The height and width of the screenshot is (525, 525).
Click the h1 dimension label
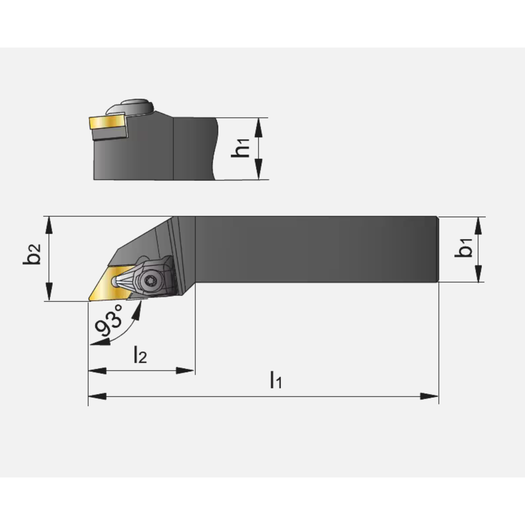click(241, 148)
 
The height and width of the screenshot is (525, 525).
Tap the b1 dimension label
click(464, 248)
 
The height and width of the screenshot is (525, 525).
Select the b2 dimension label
click(32, 254)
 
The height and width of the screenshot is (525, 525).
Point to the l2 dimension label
click(140, 354)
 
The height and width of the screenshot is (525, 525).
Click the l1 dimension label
click(276, 380)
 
